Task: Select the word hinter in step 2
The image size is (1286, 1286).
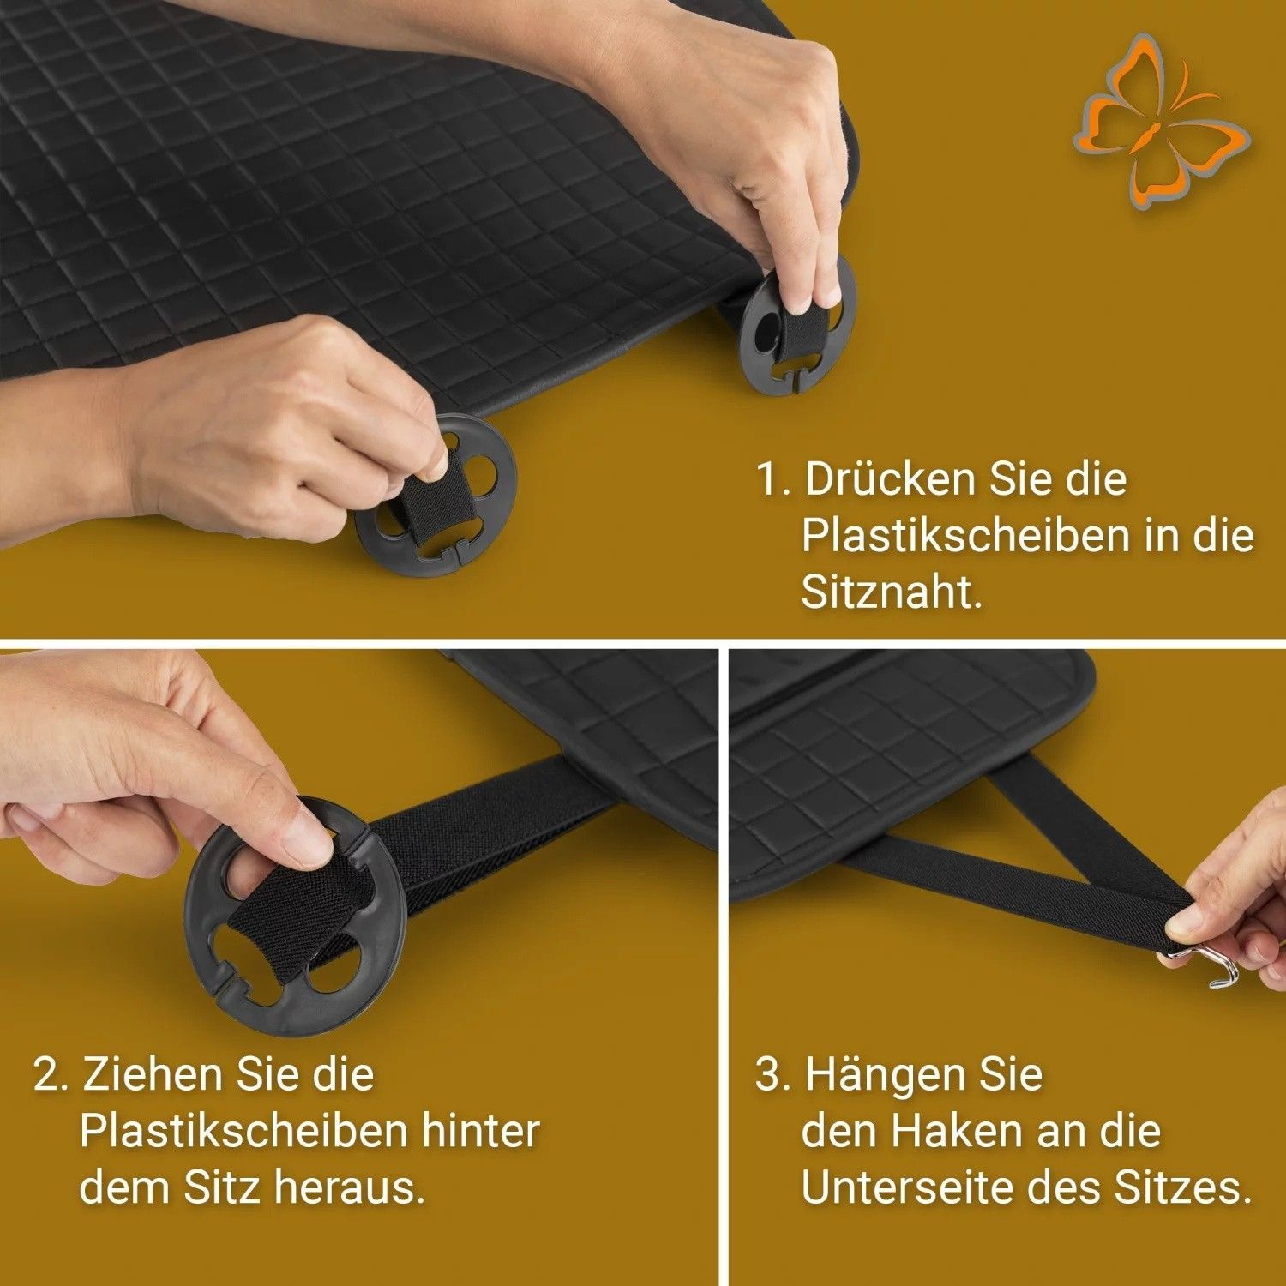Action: pyautogui.click(x=480, y=1131)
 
